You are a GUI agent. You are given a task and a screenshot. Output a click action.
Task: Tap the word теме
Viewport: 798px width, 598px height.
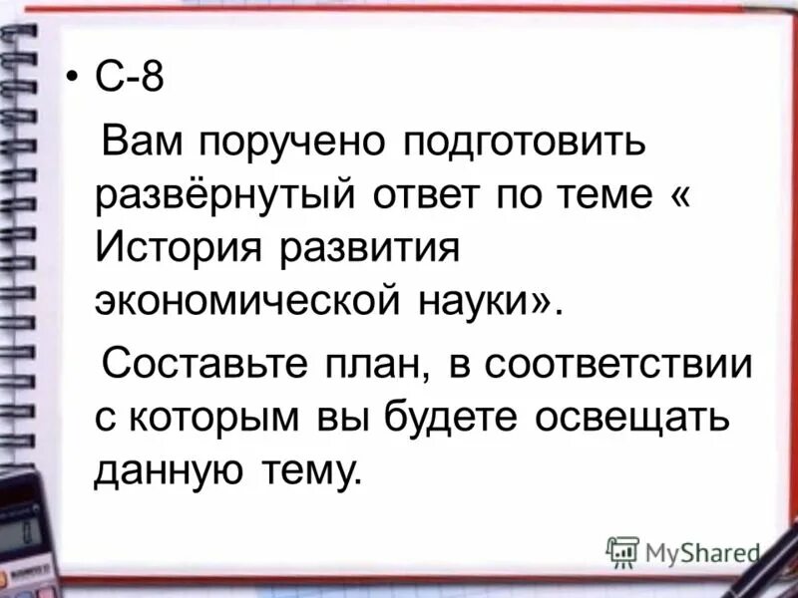point(598,194)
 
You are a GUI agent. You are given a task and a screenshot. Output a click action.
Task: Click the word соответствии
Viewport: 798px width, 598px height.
point(619,365)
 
